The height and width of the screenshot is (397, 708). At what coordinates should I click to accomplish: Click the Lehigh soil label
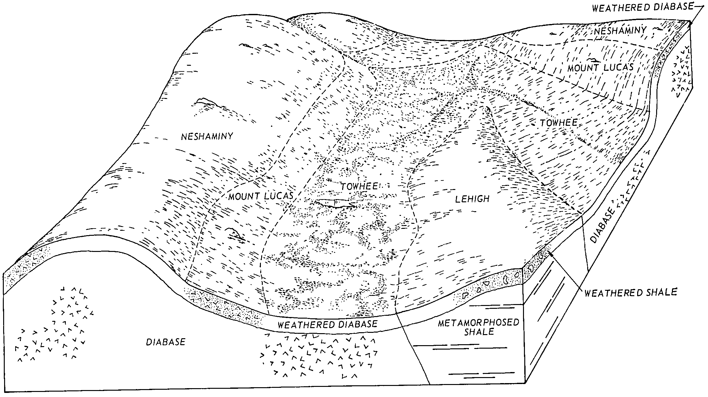tap(472, 199)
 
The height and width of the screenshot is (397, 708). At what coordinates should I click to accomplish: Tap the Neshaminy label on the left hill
tap(207, 136)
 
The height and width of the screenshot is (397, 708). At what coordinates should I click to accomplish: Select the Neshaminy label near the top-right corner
tap(620, 31)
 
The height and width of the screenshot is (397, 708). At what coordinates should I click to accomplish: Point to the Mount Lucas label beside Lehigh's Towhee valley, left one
tap(261, 196)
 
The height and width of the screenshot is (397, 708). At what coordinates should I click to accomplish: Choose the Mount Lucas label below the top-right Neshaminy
tap(600, 68)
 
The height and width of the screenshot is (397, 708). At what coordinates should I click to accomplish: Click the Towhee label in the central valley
tap(359, 186)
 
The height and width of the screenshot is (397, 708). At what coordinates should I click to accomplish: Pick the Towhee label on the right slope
tap(558, 123)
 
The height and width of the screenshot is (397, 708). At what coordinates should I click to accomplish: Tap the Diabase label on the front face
tap(165, 342)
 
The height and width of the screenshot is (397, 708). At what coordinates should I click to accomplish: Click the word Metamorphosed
tap(479, 323)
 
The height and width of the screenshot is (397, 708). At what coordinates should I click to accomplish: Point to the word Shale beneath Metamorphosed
tap(479, 332)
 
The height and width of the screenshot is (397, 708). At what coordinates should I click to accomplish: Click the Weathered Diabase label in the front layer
tap(327, 324)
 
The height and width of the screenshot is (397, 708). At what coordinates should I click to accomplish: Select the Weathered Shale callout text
tap(630, 293)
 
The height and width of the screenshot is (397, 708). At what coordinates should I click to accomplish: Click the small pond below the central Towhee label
tap(336, 203)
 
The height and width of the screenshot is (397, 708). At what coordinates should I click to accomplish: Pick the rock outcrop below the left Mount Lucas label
tap(234, 233)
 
